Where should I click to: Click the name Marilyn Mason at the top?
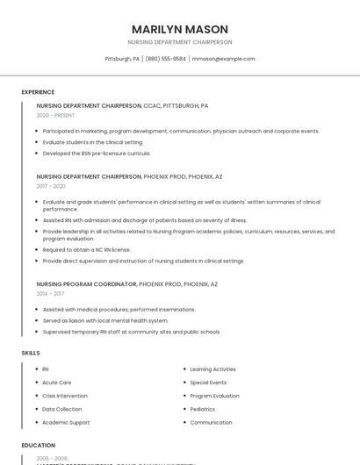pyautogui.click(x=179, y=29)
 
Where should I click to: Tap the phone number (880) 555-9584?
pyautogui.click(x=166, y=59)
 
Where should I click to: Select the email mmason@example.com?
pyautogui.click(x=223, y=59)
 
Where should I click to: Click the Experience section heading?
pyautogui.click(x=38, y=92)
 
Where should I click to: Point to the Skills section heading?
pyautogui.click(x=31, y=353)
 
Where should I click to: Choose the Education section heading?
pyautogui.click(x=39, y=446)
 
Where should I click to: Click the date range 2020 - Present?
pyautogui.click(x=55, y=115)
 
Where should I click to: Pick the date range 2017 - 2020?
pyautogui.click(x=51, y=186)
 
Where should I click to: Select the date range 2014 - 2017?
pyautogui.click(x=51, y=294)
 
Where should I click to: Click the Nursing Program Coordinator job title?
pyautogui.click(x=87, y=284)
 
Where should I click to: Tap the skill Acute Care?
pyautogui.click(x=57, y=383)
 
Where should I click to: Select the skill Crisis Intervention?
pyautogui.click(x=65, y=396)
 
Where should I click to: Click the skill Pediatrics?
pyautogui.click(x=202, y=409)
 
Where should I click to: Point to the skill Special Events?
pyautogui.click(x=208, y=383)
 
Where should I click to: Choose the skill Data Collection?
pyautogui.click(x=61, y=409)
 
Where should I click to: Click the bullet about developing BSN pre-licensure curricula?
pyautogui.click(x=97, y=153)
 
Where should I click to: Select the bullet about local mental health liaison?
pyautogui.click(x=105, y=320)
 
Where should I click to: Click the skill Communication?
pyautogui.click(x=211, y=422)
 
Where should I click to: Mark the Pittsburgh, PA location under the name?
pyautogui.click(x=122, y=59)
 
